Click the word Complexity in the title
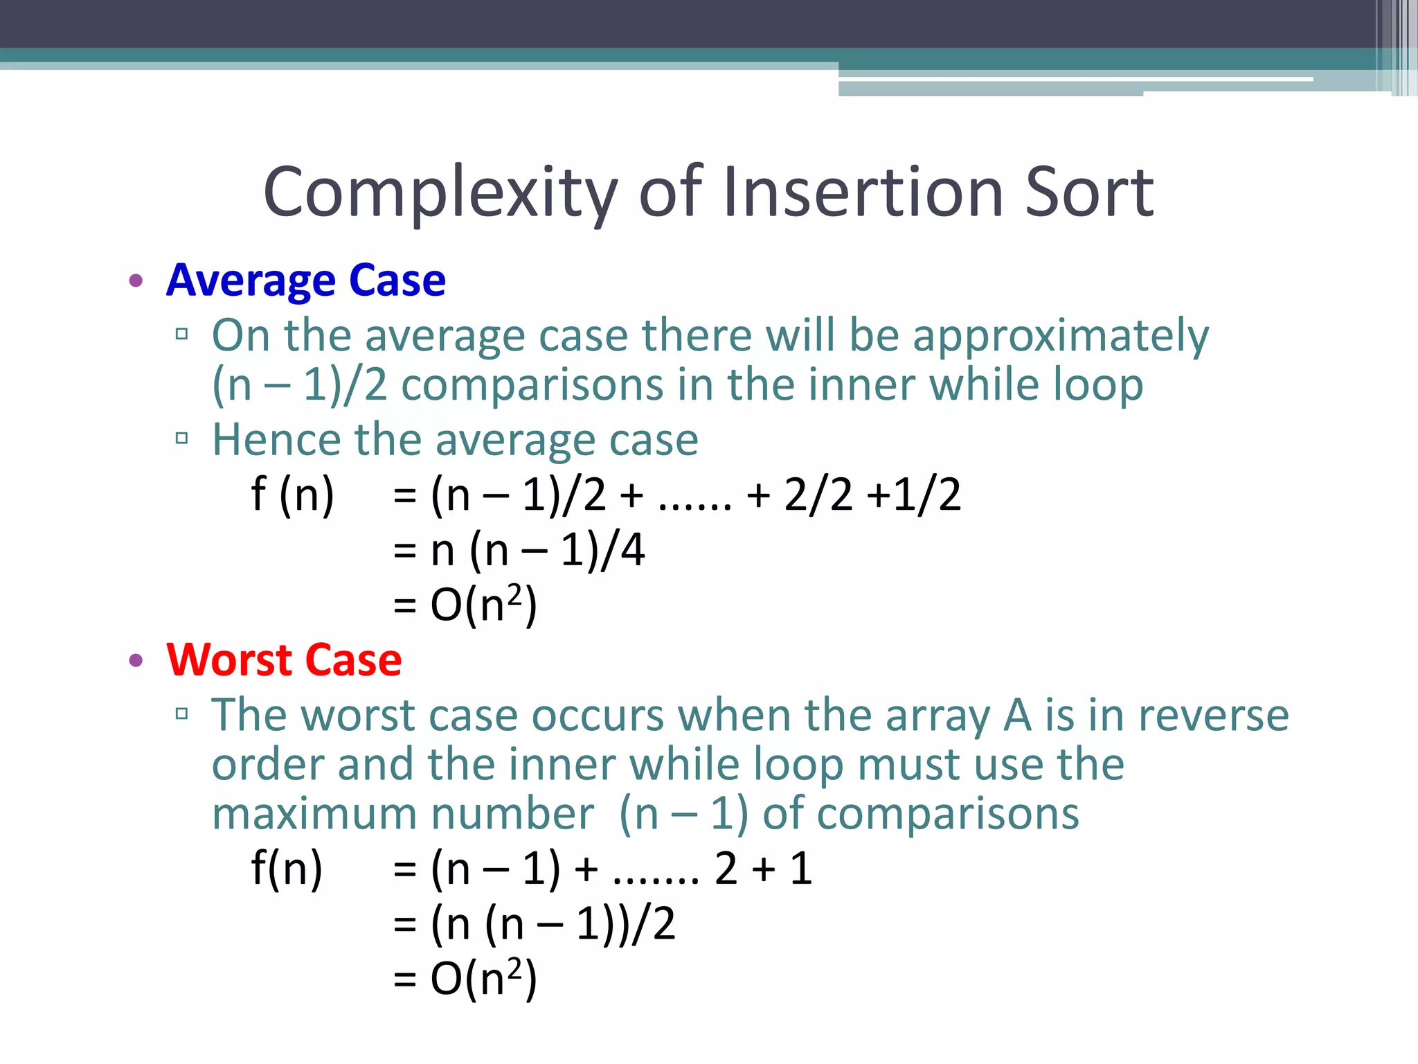click(440, 192)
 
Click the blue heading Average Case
click(306, 281)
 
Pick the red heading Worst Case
click(284, 659)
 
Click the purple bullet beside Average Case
click(136, 281)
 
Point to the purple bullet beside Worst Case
click(136, 660)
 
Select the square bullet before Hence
click(182, 438)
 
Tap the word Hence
click(276, 439)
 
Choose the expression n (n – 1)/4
click(538, 551)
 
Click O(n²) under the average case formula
click(483, 605)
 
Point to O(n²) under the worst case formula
click(483, 979)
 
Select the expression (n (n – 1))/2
click(553, 923)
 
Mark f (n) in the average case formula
click(293, 495)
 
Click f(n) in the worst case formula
click(287, 868)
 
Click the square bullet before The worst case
click(182, 713)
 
